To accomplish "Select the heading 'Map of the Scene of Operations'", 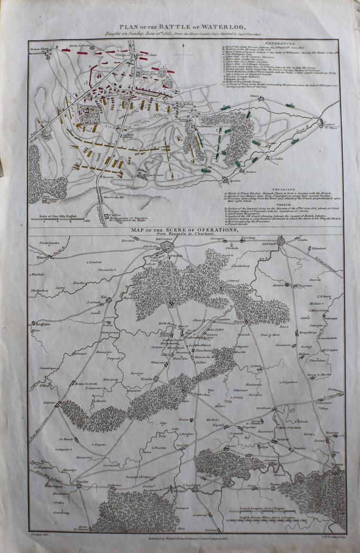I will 184,230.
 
